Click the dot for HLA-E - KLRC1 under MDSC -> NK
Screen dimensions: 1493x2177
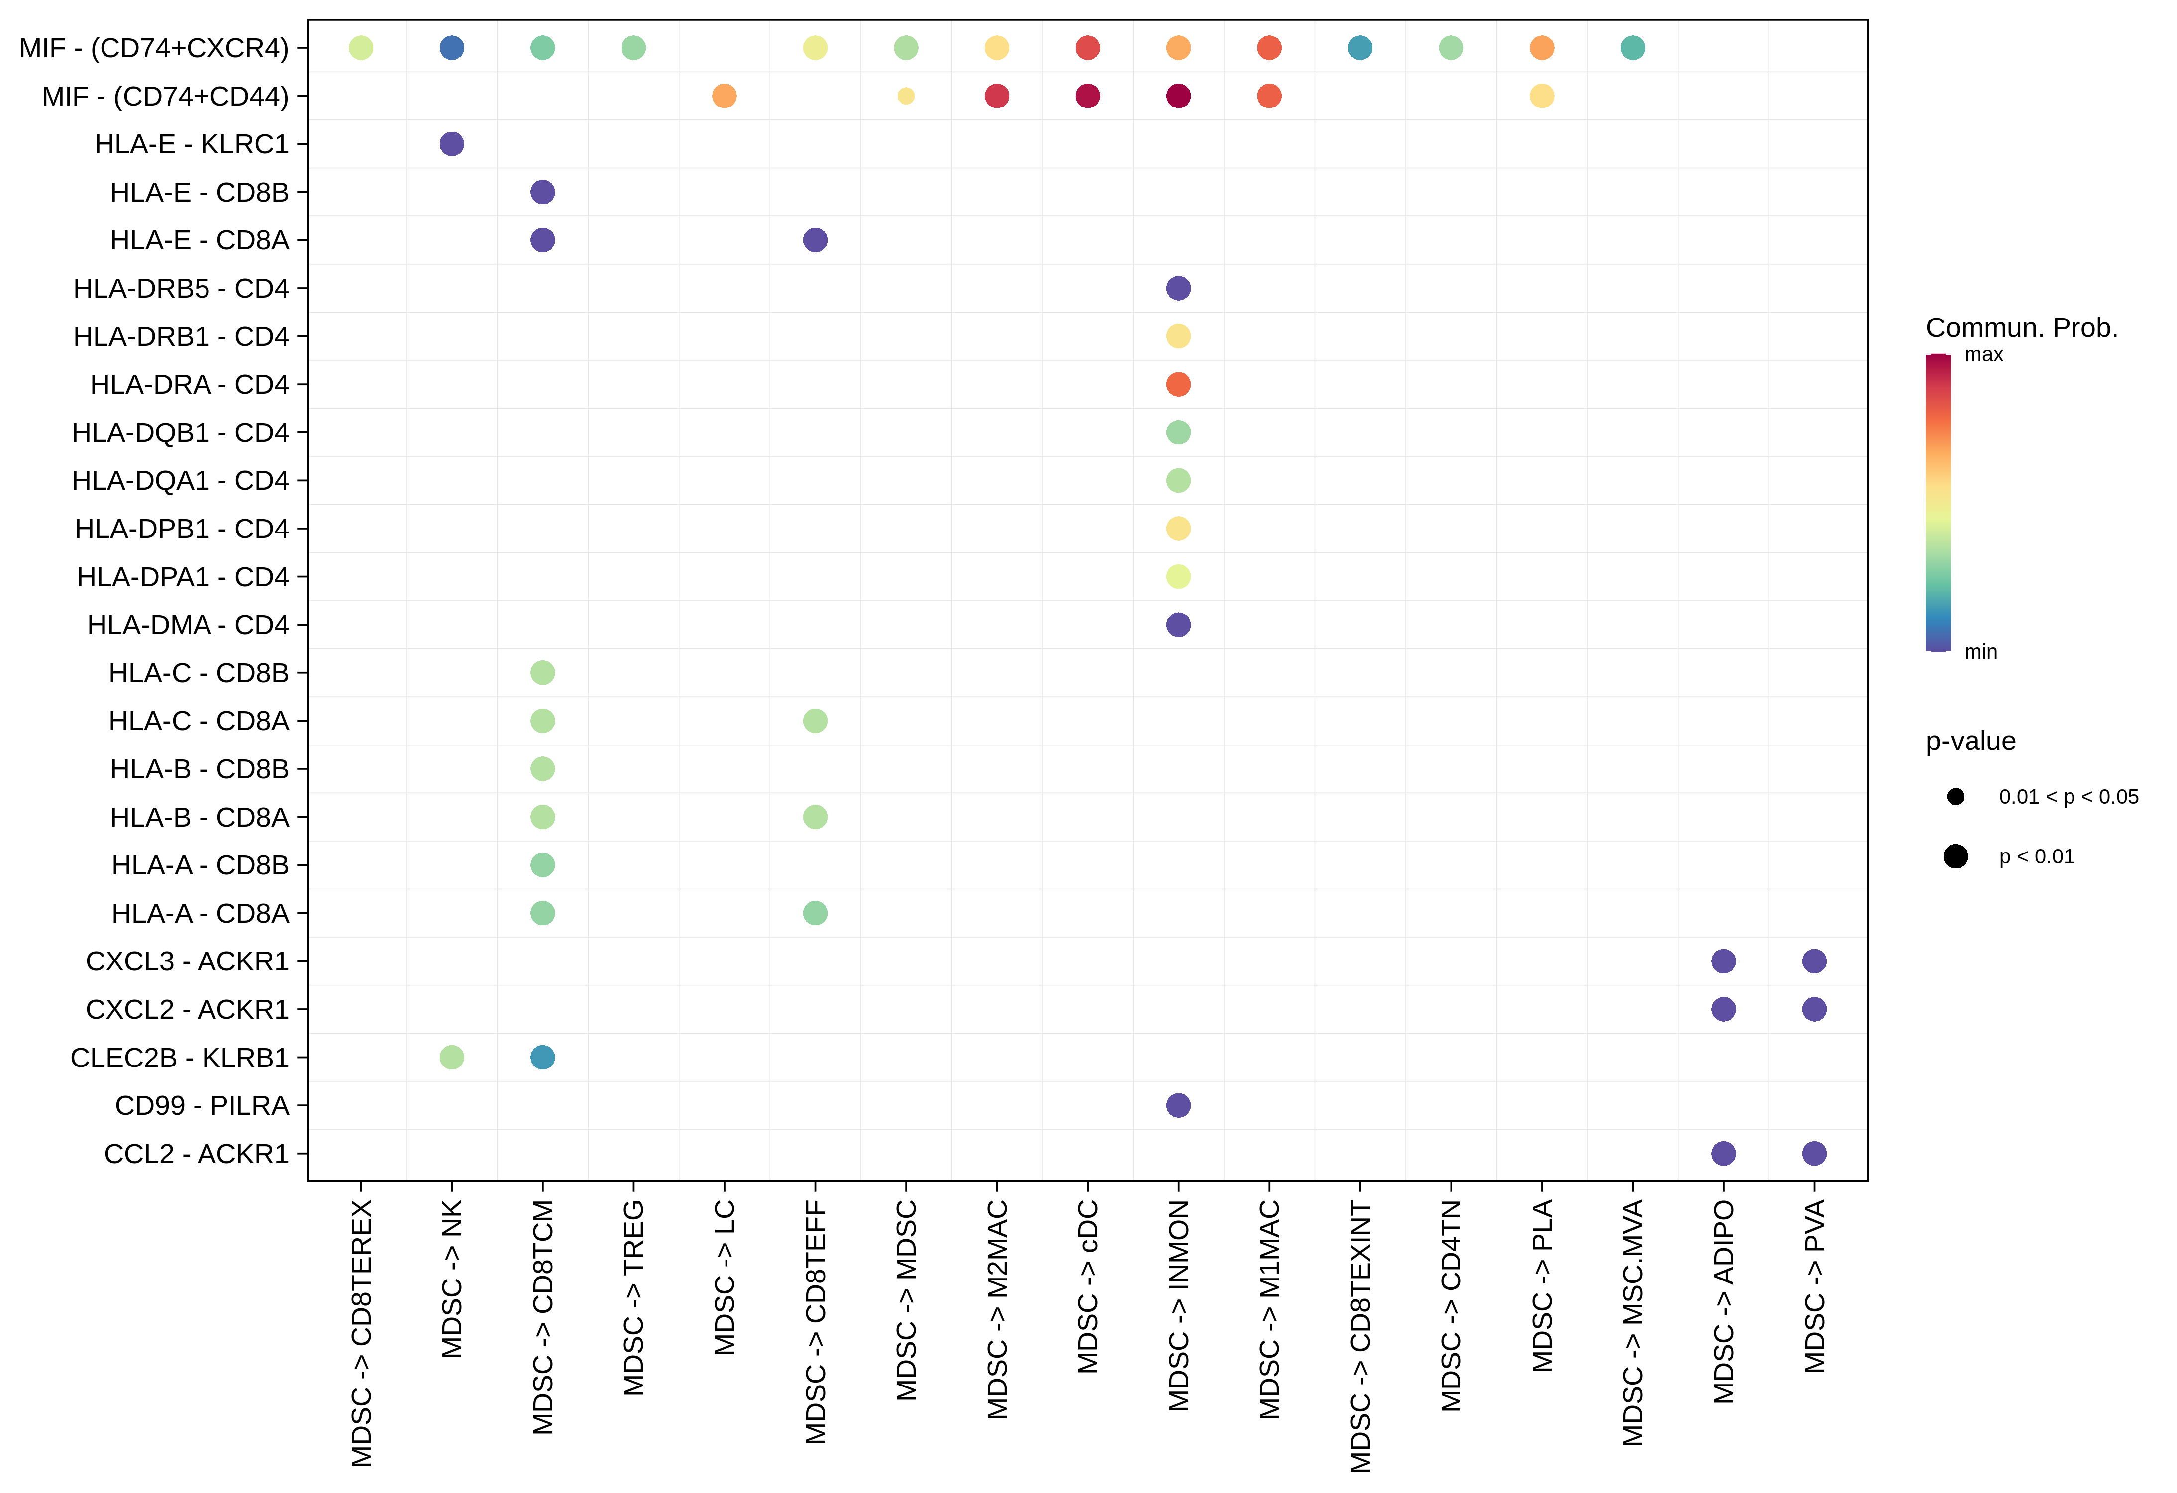point(451,144)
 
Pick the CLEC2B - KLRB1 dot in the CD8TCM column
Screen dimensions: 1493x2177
point(542,1058)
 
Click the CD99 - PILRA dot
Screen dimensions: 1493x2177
point(1178,1105)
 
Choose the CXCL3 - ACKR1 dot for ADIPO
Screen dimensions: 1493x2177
point(1724,961)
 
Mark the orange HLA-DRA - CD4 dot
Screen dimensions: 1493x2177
point(1178,384)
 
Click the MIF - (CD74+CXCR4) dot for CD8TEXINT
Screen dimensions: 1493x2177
point(1360,48)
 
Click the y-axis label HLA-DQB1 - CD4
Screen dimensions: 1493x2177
point(181,433)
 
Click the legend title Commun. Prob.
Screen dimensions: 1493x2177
point(2021,328)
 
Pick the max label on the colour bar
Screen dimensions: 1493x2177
point(1983,355)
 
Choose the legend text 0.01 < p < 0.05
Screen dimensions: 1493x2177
point(2069,797)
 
